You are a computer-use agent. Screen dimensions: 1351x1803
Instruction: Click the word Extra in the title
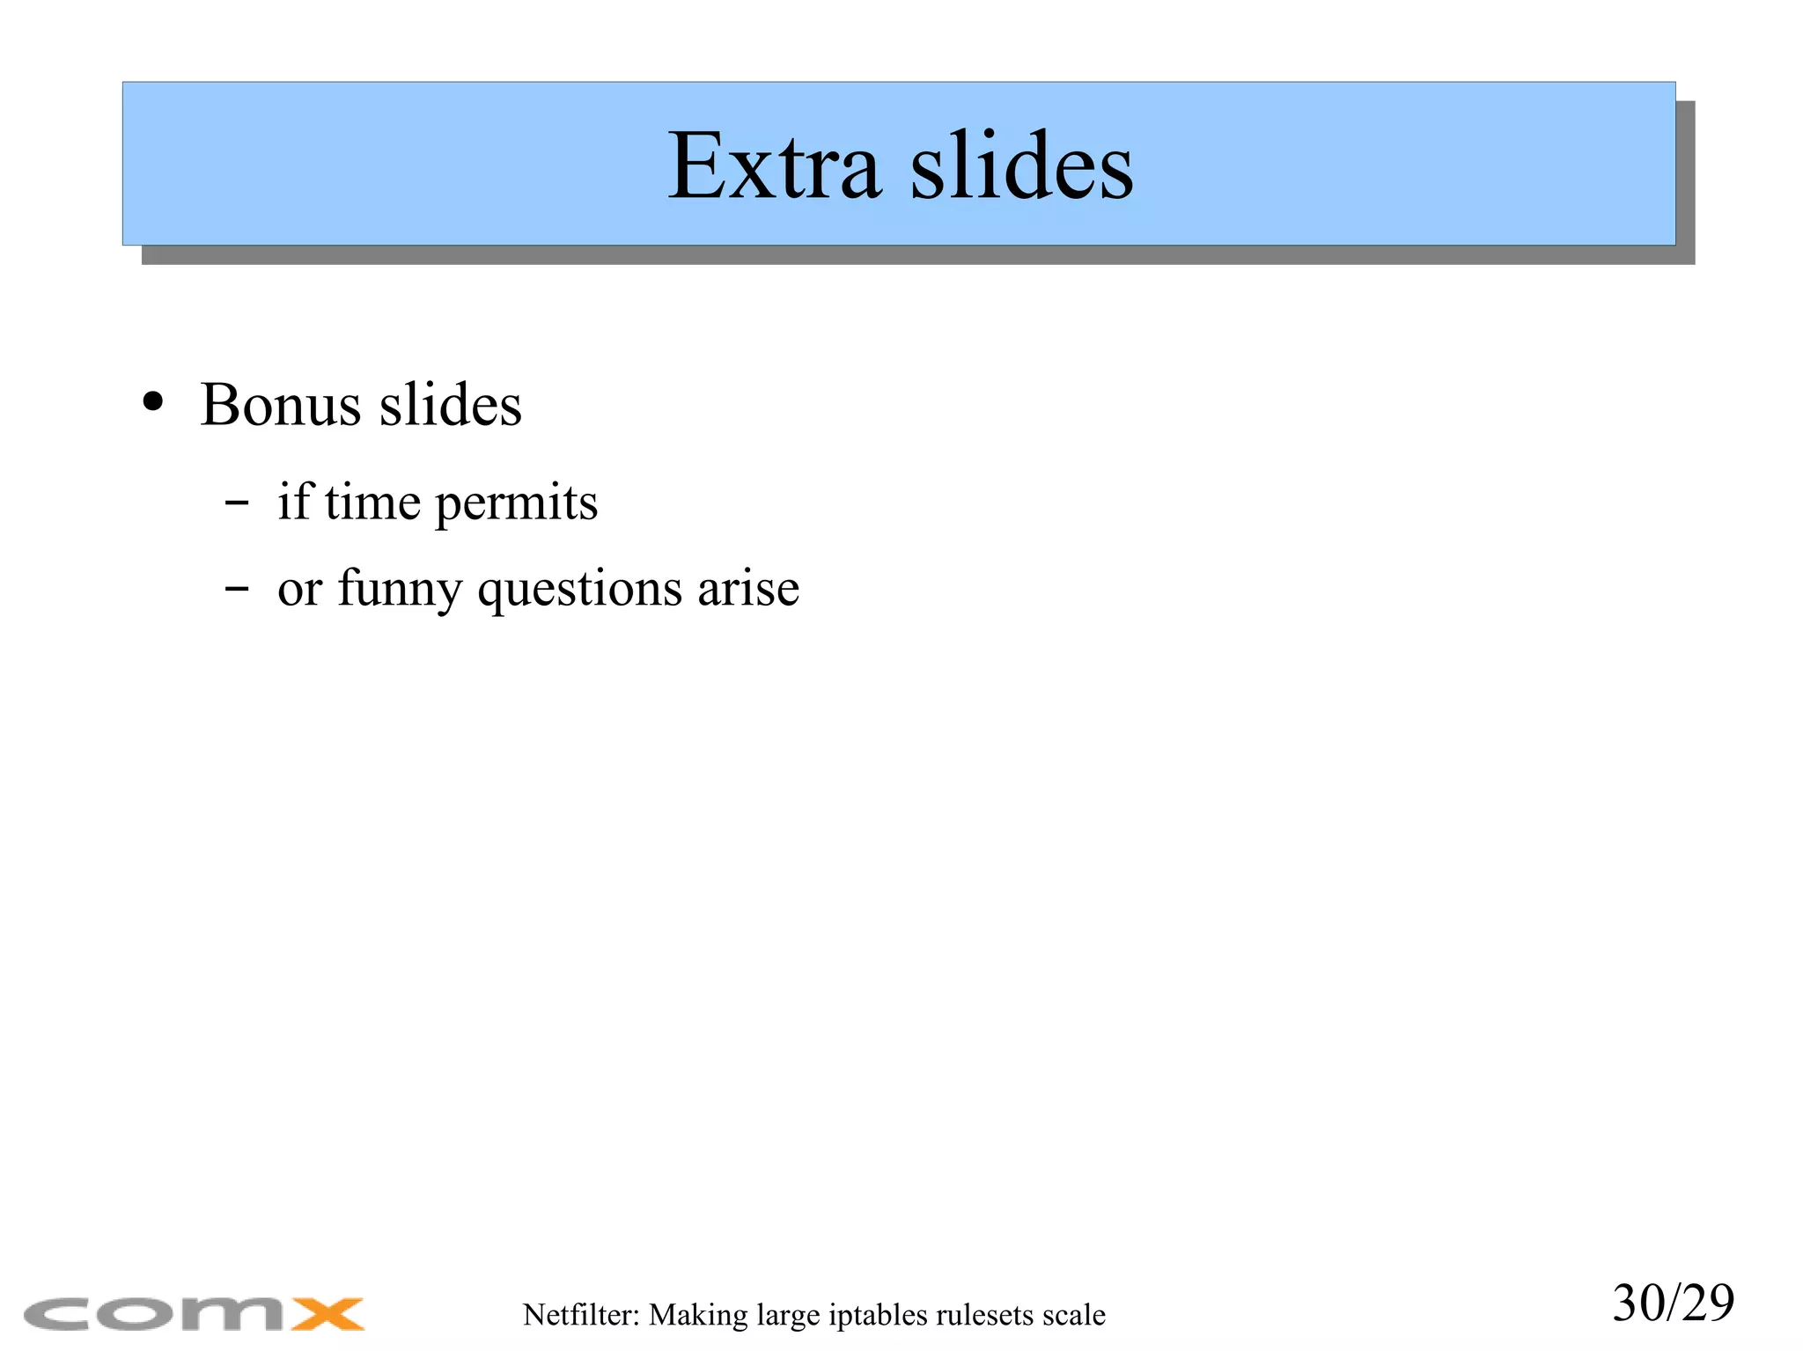[773, 166]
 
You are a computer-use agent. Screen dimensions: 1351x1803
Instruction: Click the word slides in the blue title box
[1021, 166]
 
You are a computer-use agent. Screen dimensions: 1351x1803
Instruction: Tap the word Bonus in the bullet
[280, 406]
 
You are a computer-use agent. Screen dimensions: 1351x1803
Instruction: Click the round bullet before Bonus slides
[153, 402]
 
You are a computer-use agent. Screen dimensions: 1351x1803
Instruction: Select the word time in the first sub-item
[372, 503]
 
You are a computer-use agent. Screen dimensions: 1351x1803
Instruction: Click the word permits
[516, 504]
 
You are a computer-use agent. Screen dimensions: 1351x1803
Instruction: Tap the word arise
[748, 588]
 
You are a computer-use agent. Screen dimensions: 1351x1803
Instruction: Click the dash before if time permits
[237, 504]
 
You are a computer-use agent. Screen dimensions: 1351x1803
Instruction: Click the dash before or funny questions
[237, 588]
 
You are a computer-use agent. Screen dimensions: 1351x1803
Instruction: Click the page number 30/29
[1673, 1303]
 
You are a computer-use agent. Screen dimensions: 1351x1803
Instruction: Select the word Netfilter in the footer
[578, 1315]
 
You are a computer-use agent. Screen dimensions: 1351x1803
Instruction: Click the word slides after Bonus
[450, 406]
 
